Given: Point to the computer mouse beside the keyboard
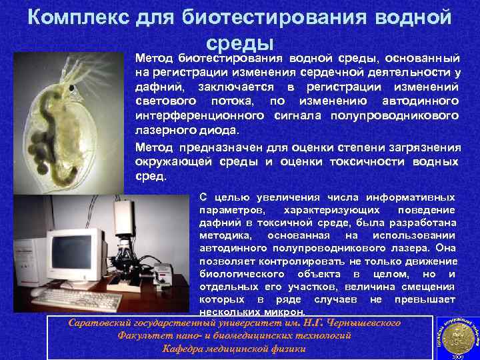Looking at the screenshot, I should coord(35,292).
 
